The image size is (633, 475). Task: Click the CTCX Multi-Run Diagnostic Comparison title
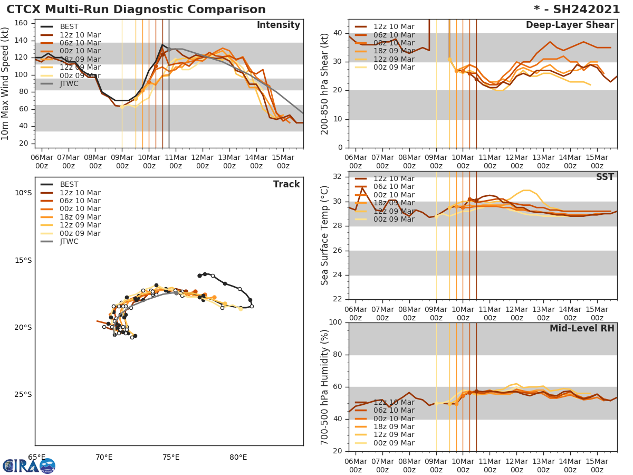point(136,9)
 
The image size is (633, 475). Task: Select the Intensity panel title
point(278,25)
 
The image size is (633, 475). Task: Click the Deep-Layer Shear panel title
point(570,25)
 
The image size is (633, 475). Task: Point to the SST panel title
point(605,177)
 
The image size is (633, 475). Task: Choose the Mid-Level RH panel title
point(582,329)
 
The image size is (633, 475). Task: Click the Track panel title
point(286,184)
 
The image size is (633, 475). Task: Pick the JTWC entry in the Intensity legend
point(69,83)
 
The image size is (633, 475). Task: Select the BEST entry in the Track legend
point(69,185)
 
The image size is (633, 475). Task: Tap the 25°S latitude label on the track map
point(23,394)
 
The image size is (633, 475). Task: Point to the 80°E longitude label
point(238,457)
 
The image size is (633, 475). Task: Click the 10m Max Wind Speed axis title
point(6,84)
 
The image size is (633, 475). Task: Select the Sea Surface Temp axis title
point(325,235)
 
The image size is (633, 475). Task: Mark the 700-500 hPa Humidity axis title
point(325,387)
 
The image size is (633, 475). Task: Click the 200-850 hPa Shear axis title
point(325,84)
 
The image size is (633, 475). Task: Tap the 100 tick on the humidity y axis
point(335,322)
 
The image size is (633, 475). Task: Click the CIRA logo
point(29,466)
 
